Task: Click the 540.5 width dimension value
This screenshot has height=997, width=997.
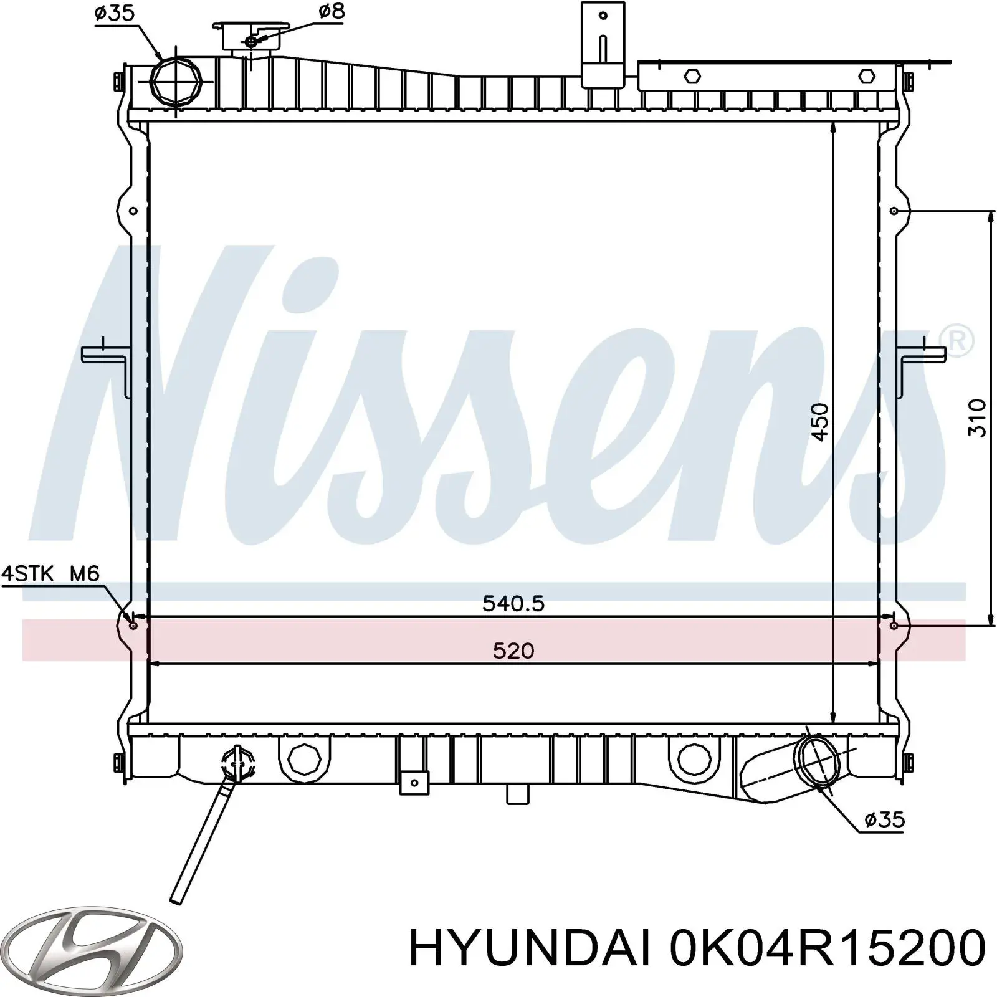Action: pos(513,603)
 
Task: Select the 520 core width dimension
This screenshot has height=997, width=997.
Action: pos(513,651)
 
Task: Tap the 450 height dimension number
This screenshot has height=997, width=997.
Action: pos(821,422)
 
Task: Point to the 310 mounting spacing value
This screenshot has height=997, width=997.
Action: pos(978,417)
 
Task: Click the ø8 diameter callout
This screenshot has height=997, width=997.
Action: pos(331,11)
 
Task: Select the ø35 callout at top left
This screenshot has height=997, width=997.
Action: pos(115,13)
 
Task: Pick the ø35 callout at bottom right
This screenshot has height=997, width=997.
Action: pos(884,819)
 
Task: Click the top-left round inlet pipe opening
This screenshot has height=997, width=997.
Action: pos(176,83)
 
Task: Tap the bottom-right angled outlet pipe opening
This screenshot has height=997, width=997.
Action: pos(816,763)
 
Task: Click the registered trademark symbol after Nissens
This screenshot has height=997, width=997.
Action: pos(960,340)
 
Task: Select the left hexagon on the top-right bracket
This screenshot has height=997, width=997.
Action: pos(692,76)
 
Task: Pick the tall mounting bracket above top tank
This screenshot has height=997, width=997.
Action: pos(602,44)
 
